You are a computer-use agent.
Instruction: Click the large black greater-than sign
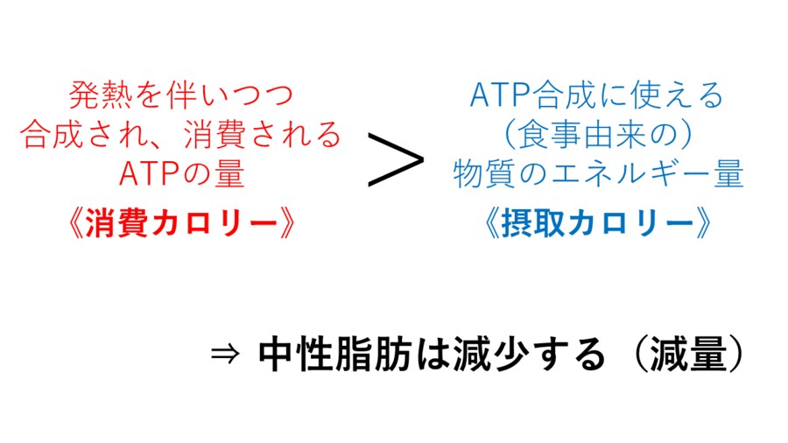coord(396,159)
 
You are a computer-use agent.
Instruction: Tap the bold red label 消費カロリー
coord(181,223)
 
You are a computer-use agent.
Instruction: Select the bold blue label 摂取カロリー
coord(597,223)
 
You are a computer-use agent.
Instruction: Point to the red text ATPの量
coord(181,173)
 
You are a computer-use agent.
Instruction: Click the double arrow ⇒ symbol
coord(225,355)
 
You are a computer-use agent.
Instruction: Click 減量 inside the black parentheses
coord(688,355)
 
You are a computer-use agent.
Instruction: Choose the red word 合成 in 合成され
coord(52,135)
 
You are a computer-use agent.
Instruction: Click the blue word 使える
coord(677,95)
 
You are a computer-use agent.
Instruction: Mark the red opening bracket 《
coord(75,223)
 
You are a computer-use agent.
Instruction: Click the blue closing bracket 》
coord(702,223)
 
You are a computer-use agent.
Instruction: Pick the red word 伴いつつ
coord(229,95)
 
